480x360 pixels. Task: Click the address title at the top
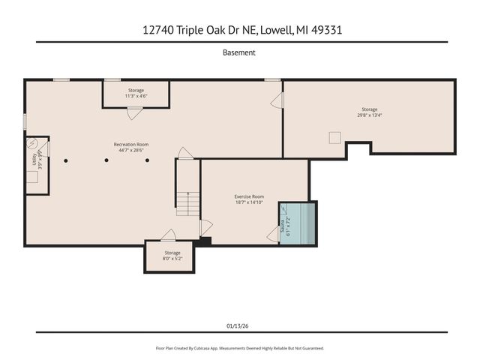(x=239, y=30)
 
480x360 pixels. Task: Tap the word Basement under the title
(x=239, y=52)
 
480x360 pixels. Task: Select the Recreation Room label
(x=131, y=147)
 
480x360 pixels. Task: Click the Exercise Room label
(x=249, y=199)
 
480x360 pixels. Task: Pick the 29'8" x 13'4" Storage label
(x=369, y=112)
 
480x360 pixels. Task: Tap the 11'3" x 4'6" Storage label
(x=136, y=93)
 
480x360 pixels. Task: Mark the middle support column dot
(x=106, y=160)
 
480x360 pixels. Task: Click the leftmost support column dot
(x=66, y=160)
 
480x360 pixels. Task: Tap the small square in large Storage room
(x=334, y=137)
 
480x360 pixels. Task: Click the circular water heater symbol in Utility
(x=32, y=143)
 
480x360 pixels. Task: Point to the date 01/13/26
(x=239, y=326)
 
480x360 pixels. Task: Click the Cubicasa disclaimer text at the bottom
(x=239, y=348)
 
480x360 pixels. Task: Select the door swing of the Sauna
(x=273, y=235)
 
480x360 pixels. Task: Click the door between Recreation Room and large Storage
(x=277, y=101)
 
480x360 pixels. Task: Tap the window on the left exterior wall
(x=25, y=121)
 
